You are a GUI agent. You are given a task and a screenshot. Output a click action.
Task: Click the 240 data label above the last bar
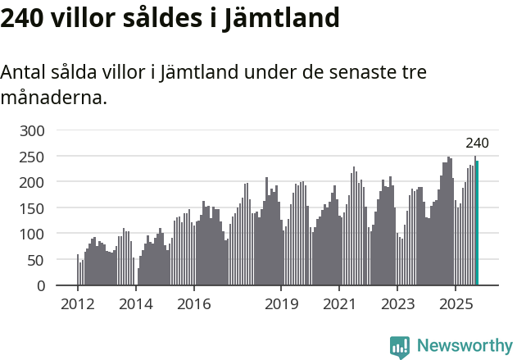477,144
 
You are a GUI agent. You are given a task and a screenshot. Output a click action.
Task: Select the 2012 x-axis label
78,304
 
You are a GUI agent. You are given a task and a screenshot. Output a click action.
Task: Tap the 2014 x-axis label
136,304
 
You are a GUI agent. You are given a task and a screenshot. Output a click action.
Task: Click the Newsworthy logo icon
400,347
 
